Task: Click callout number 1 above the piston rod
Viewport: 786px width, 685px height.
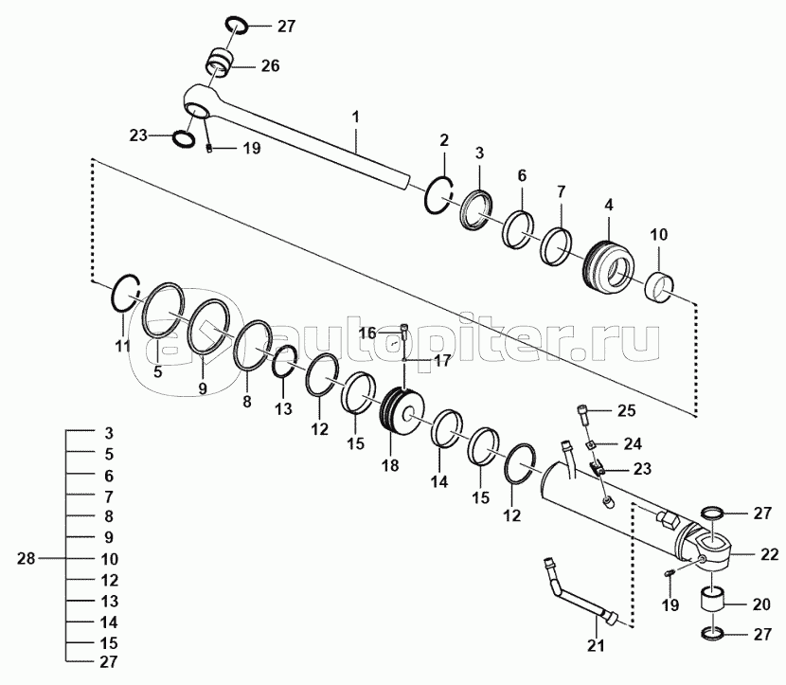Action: tap(355, 117)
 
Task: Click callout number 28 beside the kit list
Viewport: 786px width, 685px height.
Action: tap(27, 558)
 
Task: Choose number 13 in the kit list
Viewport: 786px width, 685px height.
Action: tap(109, 601)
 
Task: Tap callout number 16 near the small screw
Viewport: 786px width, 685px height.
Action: tap(367, 333)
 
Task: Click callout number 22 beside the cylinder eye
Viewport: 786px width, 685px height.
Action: tap(770, 554)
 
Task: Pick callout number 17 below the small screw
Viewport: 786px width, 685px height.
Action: tap(442, 361)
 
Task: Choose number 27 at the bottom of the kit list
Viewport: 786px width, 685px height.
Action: tap(109, 662)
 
